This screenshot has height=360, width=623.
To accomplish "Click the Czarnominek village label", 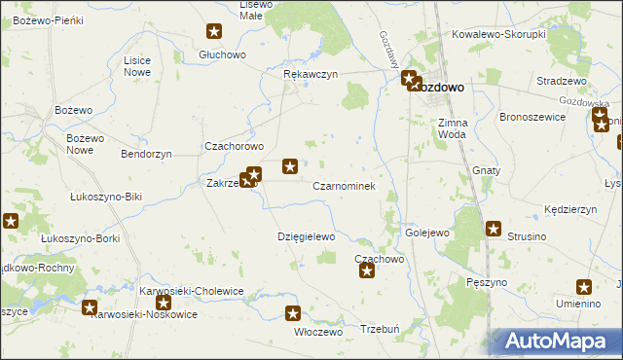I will (x=345, y=185).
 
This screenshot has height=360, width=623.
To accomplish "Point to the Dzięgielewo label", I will (x=307, y=236).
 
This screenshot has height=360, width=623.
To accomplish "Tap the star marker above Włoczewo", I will (x=293, y=313).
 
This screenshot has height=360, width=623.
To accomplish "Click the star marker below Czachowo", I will (x=367, y=270).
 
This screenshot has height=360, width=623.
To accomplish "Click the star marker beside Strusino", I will (x=494, y=230).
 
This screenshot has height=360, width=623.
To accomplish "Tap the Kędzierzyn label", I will (x=570, y=209).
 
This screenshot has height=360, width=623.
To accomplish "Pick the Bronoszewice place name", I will (x=532, y=116).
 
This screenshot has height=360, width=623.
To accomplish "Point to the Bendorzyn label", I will (x=146, y=154).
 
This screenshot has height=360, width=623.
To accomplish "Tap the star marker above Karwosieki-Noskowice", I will (x=90, y=308).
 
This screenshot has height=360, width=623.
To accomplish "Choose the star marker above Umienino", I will (x=584, y=287).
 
